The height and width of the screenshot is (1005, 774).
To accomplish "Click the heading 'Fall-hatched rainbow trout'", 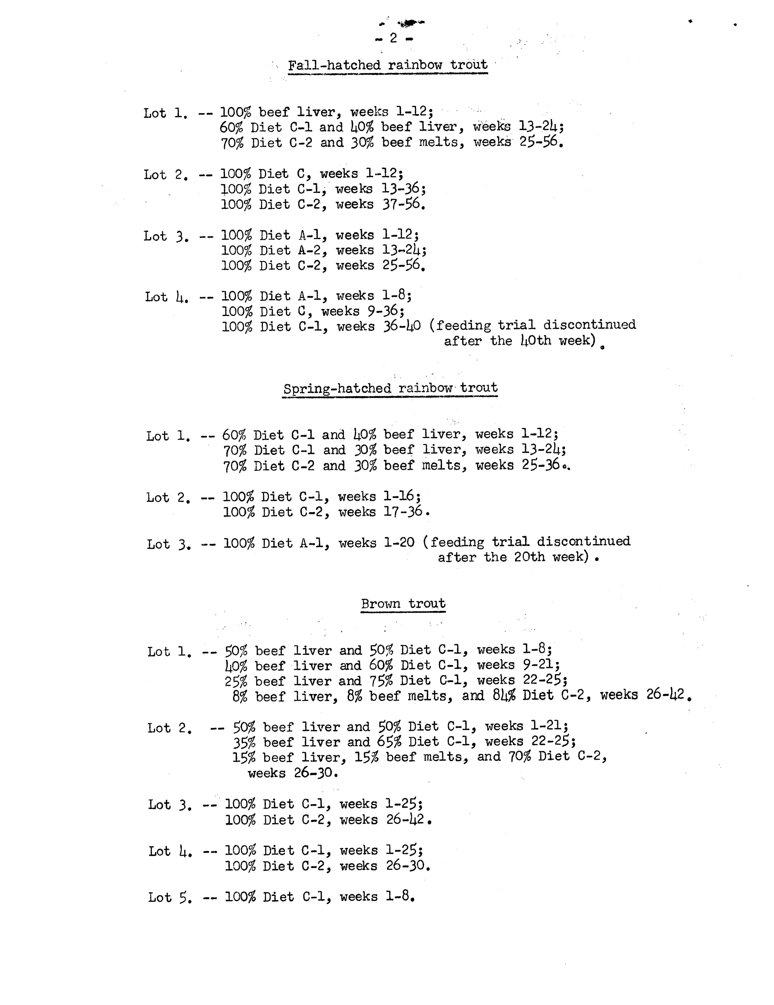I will [x=388, y=65].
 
